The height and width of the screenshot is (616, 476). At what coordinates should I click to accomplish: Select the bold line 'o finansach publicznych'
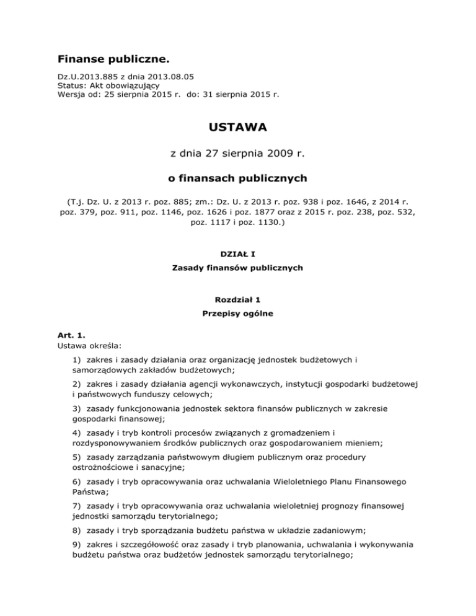[x=238, y=178]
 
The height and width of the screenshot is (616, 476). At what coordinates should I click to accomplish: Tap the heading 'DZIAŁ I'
[x=238, y=253]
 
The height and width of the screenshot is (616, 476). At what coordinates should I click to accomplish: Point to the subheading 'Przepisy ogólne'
[x=238, y=314]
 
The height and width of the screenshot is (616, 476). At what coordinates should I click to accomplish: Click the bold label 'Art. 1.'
[x=69, y=337]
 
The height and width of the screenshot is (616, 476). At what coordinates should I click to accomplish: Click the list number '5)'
[x=78, y=457]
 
